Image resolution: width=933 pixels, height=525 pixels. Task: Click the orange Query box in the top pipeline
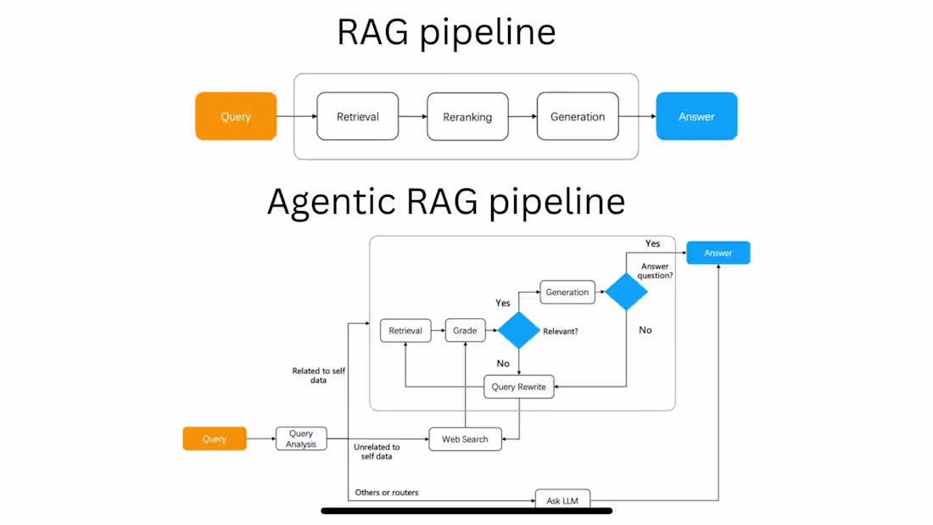click(236, 116)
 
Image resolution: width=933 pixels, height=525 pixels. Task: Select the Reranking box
click(466, 117)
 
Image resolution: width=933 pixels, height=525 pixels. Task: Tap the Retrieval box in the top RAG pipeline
click(357, 116)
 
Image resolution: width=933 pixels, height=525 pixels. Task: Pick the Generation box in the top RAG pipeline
click(577, 116)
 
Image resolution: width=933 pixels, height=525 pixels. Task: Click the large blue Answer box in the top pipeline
click(696, 116)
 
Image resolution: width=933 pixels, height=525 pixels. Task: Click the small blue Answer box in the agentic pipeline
click(718, 253)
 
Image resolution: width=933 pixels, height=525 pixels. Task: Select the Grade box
click(465, 331)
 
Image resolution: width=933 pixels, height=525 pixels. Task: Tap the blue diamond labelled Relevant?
click(518, 330)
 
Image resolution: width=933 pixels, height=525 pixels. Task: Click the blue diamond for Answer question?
click(626, 291)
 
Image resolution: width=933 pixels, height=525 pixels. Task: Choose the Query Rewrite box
click(519, 388)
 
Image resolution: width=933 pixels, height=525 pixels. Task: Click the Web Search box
click(465, 438)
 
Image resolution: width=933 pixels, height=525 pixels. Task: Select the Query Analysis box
click(301, 438)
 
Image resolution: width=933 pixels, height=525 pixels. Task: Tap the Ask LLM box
click(562, 499)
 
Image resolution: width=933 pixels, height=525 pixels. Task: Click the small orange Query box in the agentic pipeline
click(215, 438)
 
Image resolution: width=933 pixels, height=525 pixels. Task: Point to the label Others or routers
click(387, 492)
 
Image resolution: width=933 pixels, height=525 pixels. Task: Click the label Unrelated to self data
click(376, 451)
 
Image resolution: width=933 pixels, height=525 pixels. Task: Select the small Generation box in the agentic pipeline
click(567, 292)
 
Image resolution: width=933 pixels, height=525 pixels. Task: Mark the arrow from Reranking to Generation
click(522, 117)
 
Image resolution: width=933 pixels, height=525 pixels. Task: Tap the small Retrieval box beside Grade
click(405, 331)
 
